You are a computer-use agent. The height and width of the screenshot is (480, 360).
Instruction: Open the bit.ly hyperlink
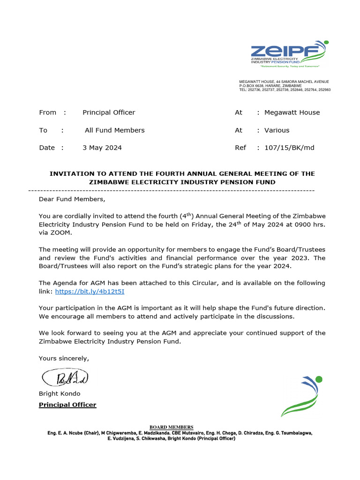pos(90,291)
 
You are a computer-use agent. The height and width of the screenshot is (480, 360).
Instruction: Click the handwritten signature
pos(64,377)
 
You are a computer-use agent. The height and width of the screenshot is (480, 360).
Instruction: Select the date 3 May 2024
pos(102,148)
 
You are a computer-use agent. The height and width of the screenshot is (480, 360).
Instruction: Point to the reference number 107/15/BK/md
pos(289,148)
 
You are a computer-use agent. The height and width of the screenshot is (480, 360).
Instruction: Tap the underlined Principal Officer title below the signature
pos(67,405)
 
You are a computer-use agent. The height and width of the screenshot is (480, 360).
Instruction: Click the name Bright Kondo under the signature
pos(60,393)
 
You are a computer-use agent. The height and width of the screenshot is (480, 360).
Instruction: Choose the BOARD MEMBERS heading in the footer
pos(171,427)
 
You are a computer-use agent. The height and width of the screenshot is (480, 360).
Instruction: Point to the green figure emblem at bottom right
pos(302,396)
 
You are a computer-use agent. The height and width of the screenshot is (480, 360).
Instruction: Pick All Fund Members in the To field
pos(115,130)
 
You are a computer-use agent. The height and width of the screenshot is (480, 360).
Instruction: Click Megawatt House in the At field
pos(292,112)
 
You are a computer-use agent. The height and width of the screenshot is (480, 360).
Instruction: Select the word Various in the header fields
pos(277,130)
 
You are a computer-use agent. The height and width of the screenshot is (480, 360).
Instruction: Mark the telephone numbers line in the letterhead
pos(285,90)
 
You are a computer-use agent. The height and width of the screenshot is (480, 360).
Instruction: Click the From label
pos(47,112)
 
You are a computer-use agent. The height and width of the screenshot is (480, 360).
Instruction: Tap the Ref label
pos(240,148)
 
